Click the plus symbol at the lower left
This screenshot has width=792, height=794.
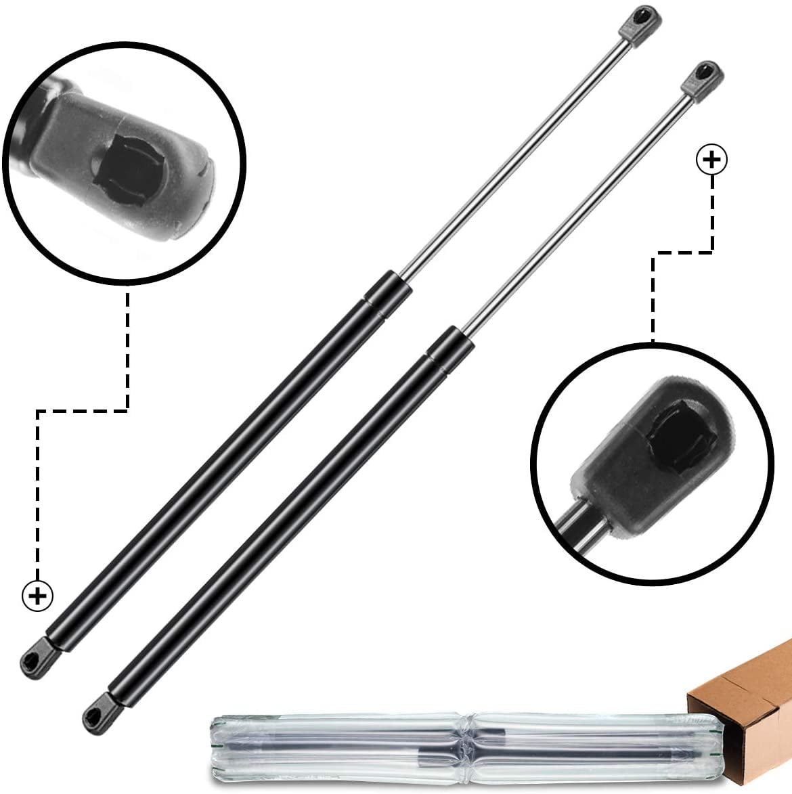click(x=38, y=596)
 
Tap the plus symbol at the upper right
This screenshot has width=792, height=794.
click(x=711, y=161)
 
